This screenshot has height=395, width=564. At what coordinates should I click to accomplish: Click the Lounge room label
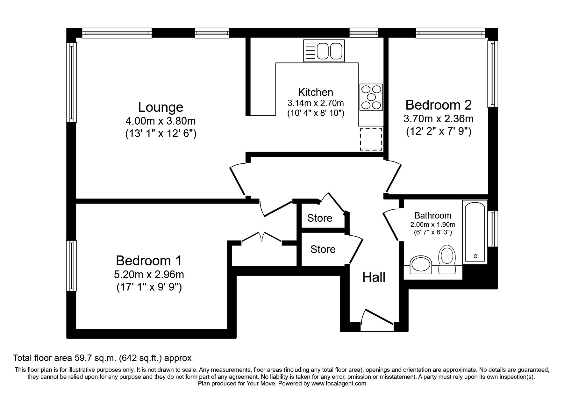tap(161, 107)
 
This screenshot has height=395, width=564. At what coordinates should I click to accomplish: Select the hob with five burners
tap(371, 97)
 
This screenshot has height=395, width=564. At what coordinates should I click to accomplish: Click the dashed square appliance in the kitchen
tap(371, 139)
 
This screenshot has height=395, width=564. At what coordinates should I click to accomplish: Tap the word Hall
tap(374, 278)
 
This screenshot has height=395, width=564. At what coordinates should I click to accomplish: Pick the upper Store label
tap(319, 218)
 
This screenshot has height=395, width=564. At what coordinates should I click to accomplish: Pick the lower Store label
tap(323, 249)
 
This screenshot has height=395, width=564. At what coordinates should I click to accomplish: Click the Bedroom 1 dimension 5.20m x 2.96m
tap(149, 274)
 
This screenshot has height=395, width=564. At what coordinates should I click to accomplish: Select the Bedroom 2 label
tap(438, 105)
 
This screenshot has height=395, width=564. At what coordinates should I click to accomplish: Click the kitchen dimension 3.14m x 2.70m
tap(315, 103)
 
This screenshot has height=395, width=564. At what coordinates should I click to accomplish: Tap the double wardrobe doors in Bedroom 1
tap(261, 237)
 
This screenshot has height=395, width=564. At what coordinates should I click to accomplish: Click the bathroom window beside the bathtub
tap(493, 228)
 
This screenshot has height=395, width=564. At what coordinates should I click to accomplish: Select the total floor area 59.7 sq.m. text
tap(102, 358)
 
